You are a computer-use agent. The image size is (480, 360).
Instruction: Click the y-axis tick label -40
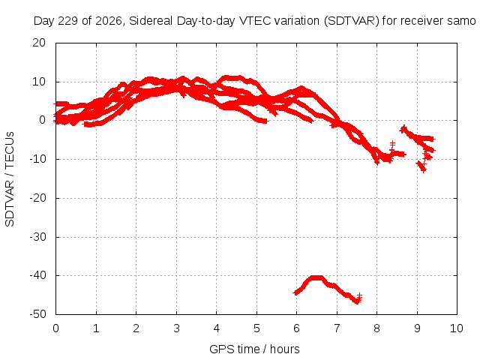[37, 275]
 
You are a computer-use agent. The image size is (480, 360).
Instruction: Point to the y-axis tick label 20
[39, 43]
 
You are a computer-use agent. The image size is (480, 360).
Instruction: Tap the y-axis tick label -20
[37, 198]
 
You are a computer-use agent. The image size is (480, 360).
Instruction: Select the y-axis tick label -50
[37, 314]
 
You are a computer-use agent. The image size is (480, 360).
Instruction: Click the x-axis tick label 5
[256, 328]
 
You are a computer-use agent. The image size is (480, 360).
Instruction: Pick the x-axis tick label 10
[457, 328]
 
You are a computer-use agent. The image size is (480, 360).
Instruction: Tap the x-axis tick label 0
[55, 328]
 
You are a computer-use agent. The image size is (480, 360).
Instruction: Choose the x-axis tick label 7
[337, 328]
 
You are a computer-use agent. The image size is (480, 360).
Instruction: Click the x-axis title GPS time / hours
[254, 349]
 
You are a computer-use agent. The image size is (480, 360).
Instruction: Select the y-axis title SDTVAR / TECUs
[10, 179]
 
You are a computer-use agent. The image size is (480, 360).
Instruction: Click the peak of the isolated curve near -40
[316, 277]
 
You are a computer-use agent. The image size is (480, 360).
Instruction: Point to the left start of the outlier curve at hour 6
[295, 292]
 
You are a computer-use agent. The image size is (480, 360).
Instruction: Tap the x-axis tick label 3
[176, 328]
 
